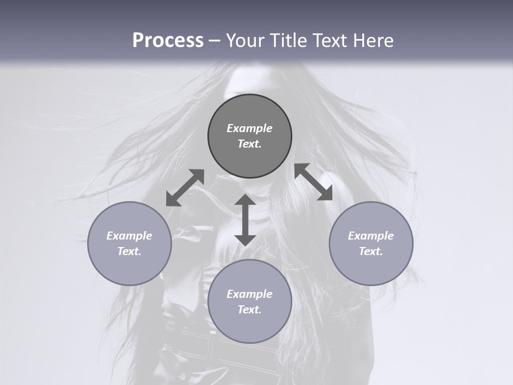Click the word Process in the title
click(x=168, y=41)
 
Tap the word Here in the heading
click(x=373, y=41)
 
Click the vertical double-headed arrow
click(x=245, y=220)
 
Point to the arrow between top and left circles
click(x=185, y=188)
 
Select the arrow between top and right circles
click(x=313, y=182)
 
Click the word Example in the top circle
click(x=250, y=128)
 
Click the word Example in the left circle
click(x=129, y=236)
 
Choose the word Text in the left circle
click(x=129, y=251)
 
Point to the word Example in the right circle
click(x=371, y=236)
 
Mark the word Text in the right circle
click(x=371, y=251)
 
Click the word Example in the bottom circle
click(x=250, y=294)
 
